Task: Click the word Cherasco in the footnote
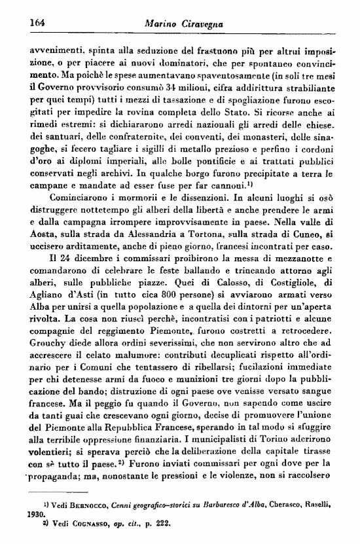(281, 517)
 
